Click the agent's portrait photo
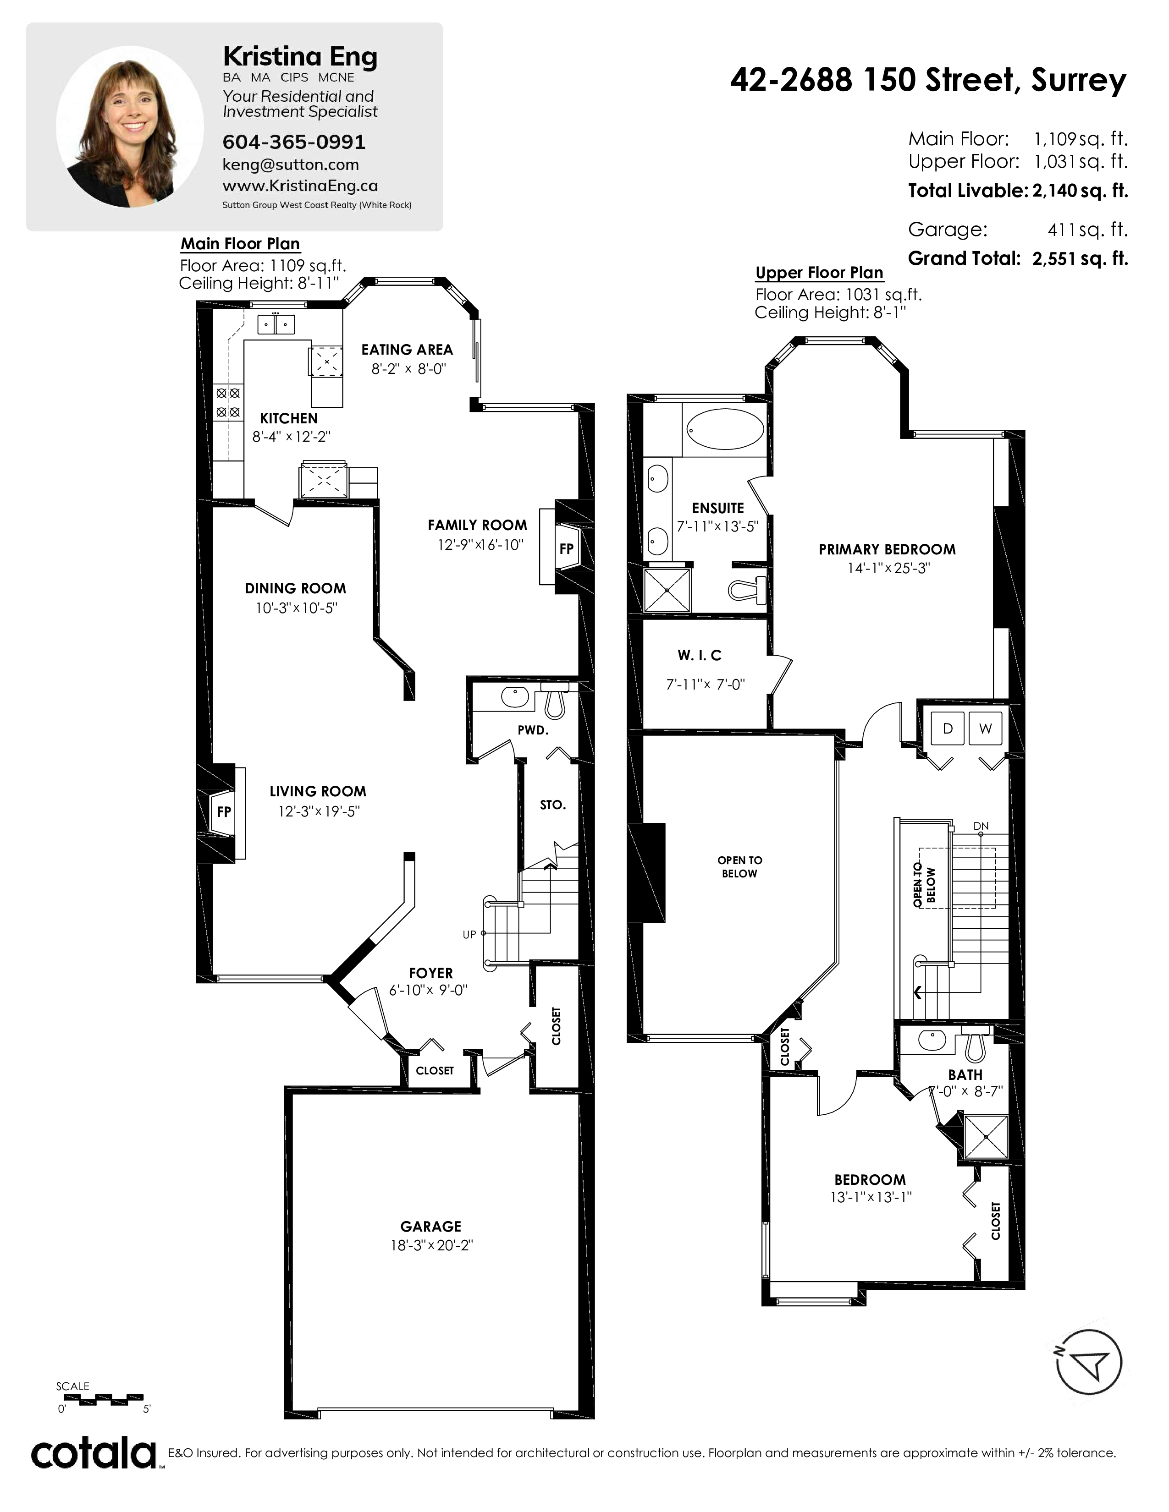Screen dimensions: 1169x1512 pyautogui.click(x=129, y=127)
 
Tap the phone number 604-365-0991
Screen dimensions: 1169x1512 pyautogui.click(x=294, y=142)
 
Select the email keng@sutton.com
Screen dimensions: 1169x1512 pyautogui.click(x=290, y=165)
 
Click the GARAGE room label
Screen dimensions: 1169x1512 pyautogui.click(x=431, y=1226)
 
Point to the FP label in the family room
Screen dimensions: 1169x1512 pyautogui.click(x=567, y=549)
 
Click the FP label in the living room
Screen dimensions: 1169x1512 pyautogui.click(x=224, y=811)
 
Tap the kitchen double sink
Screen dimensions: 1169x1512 pyautogui.click(x=276, y=324)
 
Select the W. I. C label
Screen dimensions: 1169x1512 pyautogui.click(x=700, y=655)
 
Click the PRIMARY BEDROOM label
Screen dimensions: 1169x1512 pyautogui.click(x=887, y=549)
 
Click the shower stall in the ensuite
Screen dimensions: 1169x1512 pyautogui.click(x=667, y=590)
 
